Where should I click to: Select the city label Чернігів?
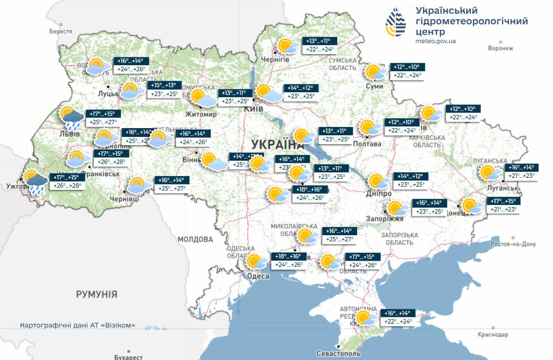click(275, 59)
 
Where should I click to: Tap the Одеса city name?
click(257, 276)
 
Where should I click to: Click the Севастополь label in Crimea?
click(338, 353)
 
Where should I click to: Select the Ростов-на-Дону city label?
click(513, 244)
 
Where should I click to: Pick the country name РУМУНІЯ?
click(97, 294)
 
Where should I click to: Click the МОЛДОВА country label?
click(195, 240)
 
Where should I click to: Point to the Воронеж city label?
click(501, 49)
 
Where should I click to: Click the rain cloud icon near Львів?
click(72, 117)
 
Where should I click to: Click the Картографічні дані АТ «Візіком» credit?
click(77, 325)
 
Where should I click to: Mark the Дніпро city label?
click(379, 194)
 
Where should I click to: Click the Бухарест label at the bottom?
click(128, 357)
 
